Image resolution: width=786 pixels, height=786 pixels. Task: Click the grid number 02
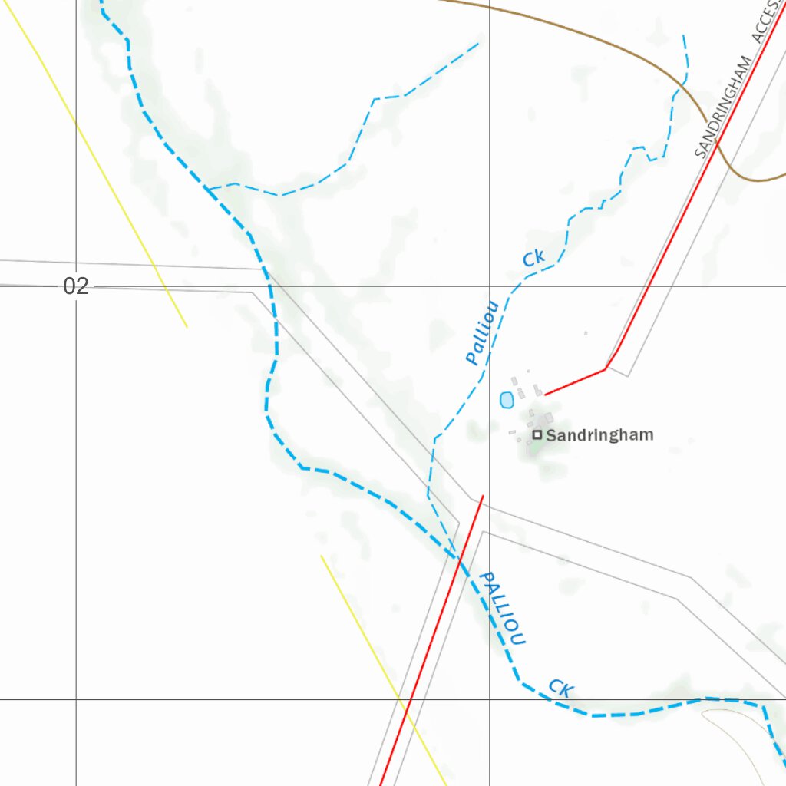[x=76, y=287]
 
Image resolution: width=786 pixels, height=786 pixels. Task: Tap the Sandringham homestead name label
[x=599, y=435]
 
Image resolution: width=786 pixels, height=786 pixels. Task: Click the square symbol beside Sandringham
[x=537, y=434]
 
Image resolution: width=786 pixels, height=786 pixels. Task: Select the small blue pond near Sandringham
[x=507, y=400]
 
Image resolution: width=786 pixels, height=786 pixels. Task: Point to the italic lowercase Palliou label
[x=483, y=332]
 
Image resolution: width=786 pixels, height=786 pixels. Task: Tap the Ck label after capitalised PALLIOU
[x=560, y=688]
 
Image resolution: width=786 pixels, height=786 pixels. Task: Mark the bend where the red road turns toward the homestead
[x=606, y=369]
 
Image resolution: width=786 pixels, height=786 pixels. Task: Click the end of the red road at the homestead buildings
[x=546, y=395]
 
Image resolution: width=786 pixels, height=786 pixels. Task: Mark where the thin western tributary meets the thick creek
[x=206, y=187]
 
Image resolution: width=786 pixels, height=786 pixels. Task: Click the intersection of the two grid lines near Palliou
[x=490, y=286]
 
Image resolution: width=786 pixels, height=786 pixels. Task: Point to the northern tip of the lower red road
[x=483, y=496]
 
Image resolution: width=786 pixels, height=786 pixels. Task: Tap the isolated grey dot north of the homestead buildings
[x=586, y=333]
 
